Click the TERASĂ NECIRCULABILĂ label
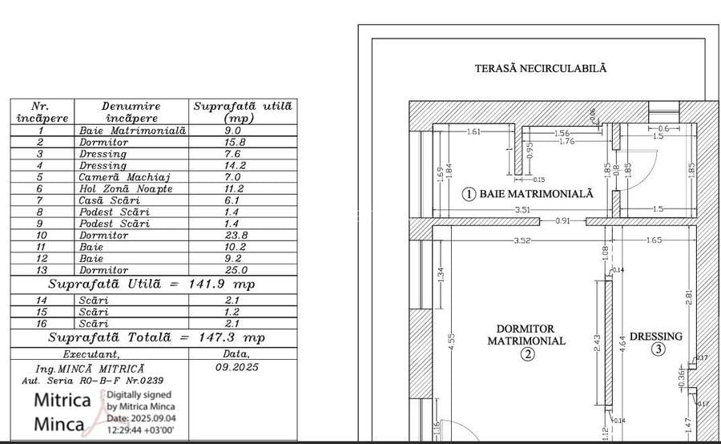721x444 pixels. click(541, 68)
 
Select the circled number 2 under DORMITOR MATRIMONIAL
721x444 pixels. click(526, 355)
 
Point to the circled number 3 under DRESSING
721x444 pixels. click(658, 349)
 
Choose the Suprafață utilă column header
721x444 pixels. click(243, 111)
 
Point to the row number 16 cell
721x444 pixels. click(41, 324)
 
